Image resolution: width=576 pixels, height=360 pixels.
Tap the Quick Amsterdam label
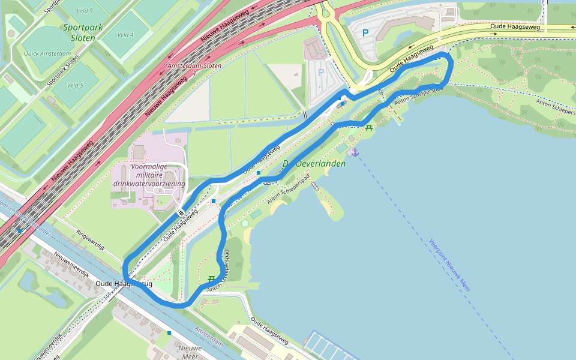[x=47, y=53]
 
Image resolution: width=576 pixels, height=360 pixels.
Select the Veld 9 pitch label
[x=85, y=11]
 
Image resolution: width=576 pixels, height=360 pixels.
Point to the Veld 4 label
[x=125, y=35]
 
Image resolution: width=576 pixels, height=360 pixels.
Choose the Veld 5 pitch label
[x=75, y=85]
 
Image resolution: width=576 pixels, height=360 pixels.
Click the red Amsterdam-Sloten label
[x=194, y=66]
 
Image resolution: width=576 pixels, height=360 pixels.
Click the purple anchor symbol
[x=355, y=152]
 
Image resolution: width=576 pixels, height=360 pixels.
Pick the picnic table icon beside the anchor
[x=368, y=127]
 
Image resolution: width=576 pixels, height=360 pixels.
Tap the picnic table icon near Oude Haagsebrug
[x=211, y=279]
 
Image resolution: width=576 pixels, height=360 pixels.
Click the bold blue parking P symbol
[x=365, y=34]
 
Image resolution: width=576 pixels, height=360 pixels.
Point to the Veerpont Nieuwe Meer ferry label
[x=449, y=265]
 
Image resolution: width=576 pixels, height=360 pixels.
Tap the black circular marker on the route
[x=181, y=213]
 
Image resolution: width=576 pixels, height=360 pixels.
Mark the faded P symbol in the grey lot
[x=321, y=73]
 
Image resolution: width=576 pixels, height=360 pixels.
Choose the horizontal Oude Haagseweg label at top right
[x=515, y=27]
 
